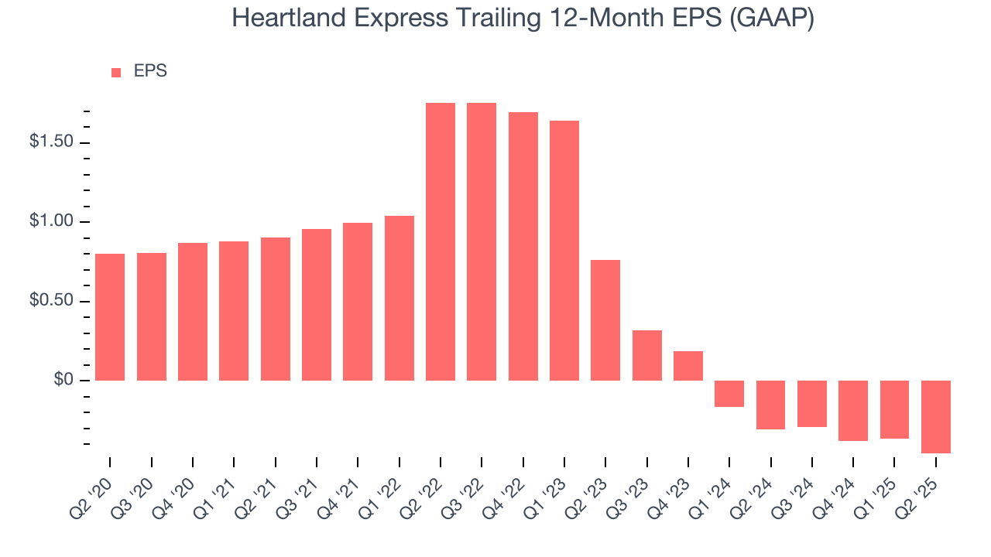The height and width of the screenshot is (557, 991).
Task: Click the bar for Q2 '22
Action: click(x=441, y=241)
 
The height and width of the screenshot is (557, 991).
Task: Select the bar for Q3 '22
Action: click(x=482, y=241)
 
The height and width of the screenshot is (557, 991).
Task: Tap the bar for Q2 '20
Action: click(x=110, y=317)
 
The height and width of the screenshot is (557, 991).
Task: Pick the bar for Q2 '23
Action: click(x=605, y=320)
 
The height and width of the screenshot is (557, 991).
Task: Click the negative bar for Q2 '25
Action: click(x=936, y=416)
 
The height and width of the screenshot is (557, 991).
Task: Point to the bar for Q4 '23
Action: click(x=688, y=366)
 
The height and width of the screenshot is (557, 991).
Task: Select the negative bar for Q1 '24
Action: click(x=729, y=393)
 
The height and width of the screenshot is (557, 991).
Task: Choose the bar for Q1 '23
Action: click(x=564, y=251)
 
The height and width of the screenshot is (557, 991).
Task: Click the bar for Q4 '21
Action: click(x=358, y=302)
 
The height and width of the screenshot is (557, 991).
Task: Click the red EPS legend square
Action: click(x=116, y=72)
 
